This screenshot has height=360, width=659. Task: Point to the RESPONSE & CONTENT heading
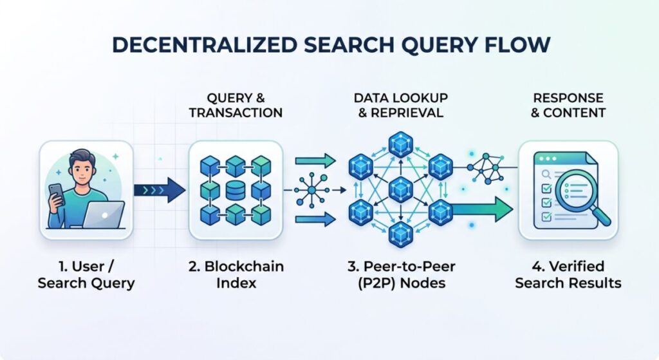coord(568,105)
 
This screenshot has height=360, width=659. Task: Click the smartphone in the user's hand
coord(57,194)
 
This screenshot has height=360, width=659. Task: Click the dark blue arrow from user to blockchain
coord(159,190)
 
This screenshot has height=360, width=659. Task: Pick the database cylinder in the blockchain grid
coord(236,190)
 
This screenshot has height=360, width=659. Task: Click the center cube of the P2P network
coord(400,189)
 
